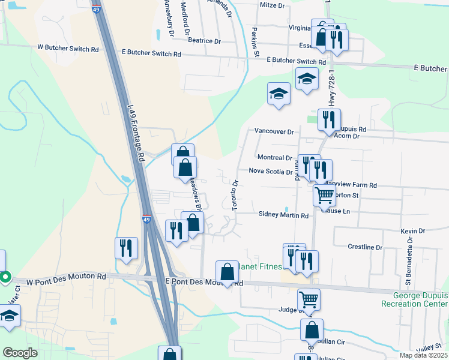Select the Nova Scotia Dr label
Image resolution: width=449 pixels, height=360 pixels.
[x=270, y=171]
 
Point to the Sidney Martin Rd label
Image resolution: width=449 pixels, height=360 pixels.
[x=283, y=214]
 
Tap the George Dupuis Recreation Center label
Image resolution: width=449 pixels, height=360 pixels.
[x=420, y=299]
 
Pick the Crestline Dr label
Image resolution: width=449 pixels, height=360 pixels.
[x=365, y=247]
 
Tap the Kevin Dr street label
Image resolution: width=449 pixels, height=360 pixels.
[x=412, y=230]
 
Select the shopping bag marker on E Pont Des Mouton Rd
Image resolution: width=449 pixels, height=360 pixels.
[x=227, y=272]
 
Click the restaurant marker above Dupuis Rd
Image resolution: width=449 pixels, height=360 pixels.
[x=329, y=119]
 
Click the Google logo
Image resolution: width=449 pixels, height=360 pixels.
[x=20, y=353]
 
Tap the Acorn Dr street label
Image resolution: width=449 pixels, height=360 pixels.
[x=348, y=136]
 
